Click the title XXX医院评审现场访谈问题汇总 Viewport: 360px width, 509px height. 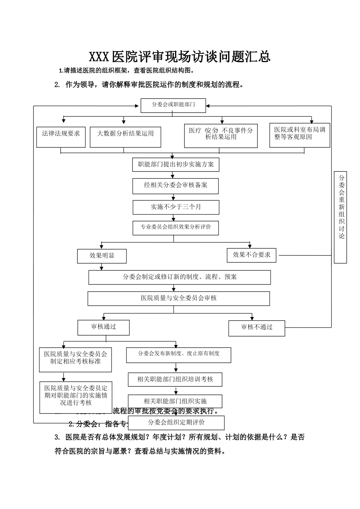180,57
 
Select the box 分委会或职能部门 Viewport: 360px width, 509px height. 173,105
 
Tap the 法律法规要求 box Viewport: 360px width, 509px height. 61,136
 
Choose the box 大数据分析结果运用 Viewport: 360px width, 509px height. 125,136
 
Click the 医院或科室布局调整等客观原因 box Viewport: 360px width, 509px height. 299,135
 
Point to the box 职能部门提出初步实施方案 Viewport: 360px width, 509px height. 176,164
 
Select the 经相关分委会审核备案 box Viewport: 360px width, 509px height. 175,186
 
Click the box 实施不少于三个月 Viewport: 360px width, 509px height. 176,207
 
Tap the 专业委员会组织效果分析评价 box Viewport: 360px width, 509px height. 176,227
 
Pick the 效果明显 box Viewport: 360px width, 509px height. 102,256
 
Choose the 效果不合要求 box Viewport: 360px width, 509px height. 252,255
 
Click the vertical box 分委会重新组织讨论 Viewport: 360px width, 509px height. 341,217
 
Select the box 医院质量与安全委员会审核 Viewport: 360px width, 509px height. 179,298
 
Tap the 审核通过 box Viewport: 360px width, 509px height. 103,327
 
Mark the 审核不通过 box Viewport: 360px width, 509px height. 257,328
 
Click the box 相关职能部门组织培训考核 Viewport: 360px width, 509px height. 175,379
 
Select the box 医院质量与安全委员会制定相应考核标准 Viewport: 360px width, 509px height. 76,358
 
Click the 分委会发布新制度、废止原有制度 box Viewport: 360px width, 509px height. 178,354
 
